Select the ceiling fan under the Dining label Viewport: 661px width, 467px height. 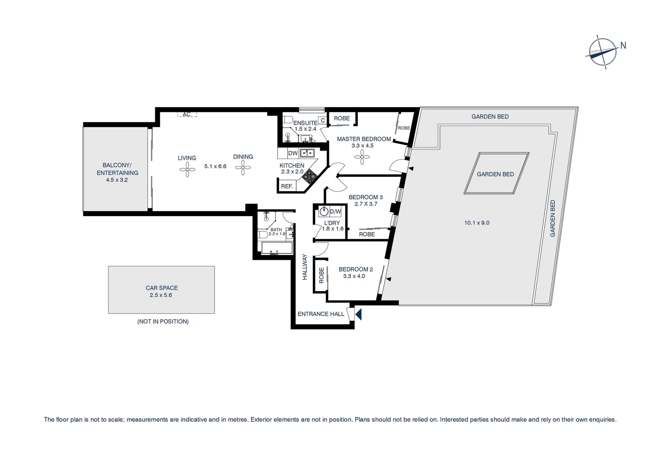243,168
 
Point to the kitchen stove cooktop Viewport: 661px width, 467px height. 310,175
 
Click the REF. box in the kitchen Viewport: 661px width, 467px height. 287,186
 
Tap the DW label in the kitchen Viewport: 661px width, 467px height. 293,153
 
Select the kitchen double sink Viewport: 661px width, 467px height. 307,153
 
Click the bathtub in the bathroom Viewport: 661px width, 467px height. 276,248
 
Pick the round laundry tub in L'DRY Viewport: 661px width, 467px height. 324,212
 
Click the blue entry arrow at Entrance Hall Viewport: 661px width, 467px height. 358,313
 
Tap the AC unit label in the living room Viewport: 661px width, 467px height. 187,115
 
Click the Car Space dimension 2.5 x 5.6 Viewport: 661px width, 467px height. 161,295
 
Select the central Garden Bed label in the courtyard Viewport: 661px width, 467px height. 495,174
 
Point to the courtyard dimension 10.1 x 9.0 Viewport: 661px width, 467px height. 477,223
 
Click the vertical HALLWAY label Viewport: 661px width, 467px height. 305,267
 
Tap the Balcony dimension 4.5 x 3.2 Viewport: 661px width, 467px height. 117,180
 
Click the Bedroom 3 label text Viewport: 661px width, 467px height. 366,197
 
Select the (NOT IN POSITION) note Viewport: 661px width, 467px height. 163,322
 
